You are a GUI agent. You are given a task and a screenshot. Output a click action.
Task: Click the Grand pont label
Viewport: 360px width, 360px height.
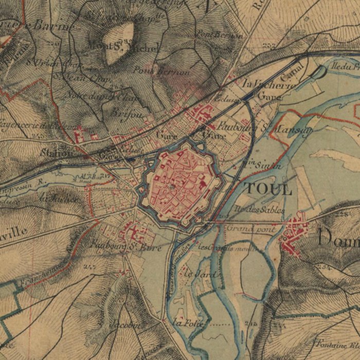click(244, 228)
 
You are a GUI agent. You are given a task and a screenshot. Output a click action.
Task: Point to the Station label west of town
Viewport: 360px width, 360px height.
click(57, 153)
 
